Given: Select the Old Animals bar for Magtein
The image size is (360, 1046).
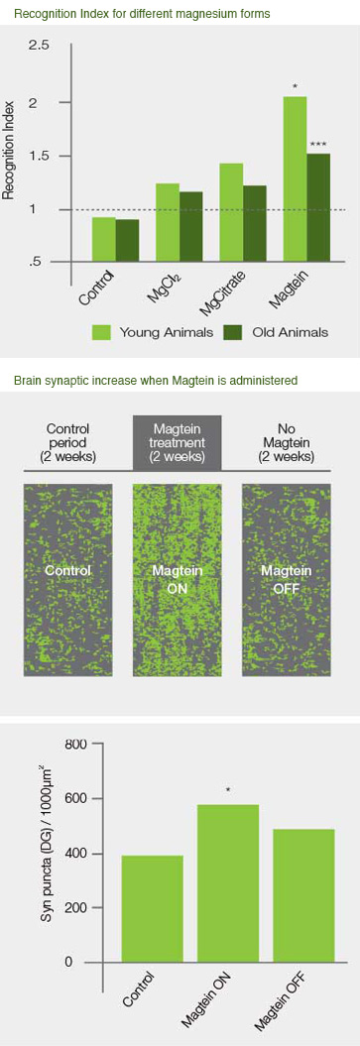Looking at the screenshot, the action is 318,207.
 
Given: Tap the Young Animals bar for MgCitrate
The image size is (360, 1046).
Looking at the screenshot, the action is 230,212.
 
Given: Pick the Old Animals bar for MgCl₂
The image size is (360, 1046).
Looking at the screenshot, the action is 190,227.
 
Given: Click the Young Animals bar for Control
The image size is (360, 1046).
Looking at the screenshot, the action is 103,240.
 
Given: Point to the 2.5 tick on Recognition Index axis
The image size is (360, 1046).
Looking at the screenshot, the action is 40,46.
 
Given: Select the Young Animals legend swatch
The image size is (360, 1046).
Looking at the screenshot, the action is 102,331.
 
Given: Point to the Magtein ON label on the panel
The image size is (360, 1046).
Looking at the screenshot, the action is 177,578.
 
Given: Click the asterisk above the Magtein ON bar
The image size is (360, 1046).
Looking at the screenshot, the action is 228,790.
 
